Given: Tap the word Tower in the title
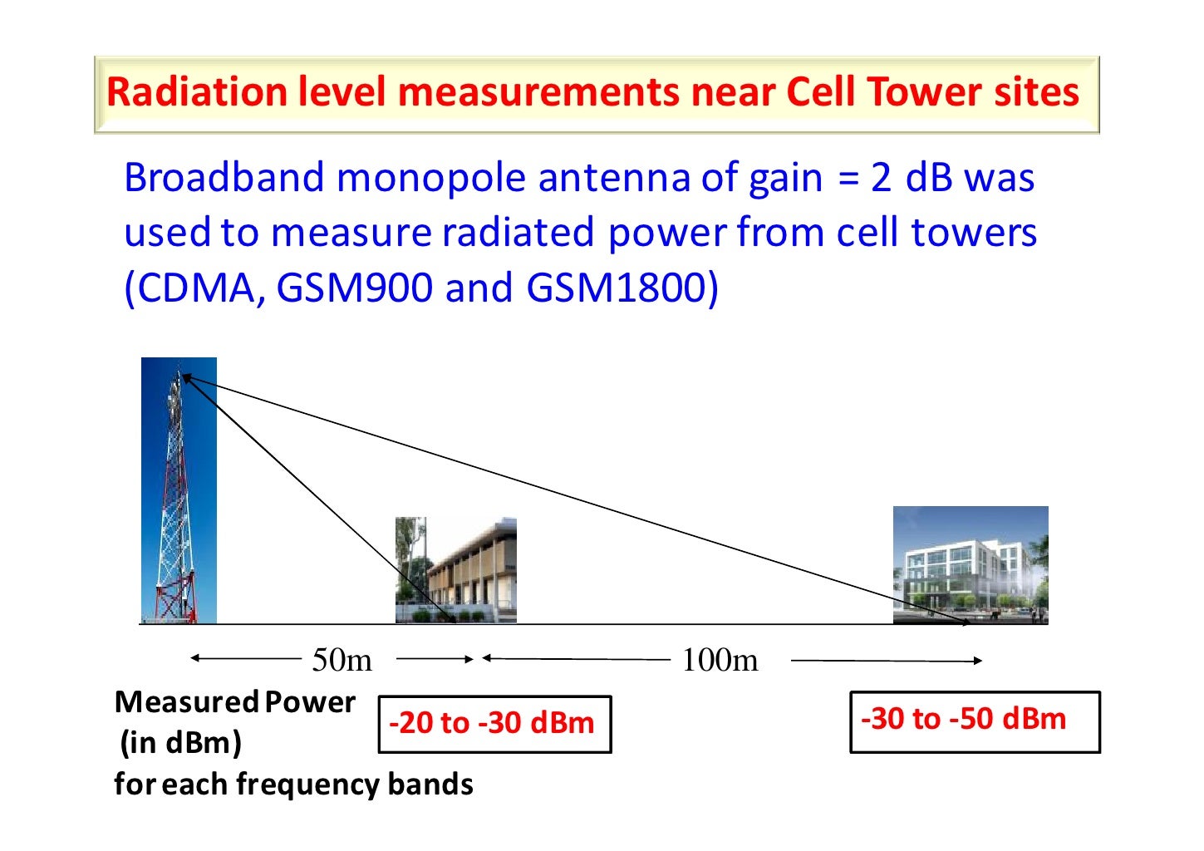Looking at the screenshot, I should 913,92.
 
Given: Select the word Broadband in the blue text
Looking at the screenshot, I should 224,178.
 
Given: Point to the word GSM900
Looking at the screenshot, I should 354,288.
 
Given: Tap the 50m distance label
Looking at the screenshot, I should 342,660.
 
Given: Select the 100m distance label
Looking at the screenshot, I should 720,660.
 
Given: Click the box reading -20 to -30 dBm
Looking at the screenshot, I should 494,724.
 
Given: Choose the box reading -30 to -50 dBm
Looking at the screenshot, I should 974,721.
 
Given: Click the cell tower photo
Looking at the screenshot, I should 179,490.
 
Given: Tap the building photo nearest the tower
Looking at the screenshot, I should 455,570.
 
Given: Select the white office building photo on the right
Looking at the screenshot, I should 970,565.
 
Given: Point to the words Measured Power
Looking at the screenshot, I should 235,702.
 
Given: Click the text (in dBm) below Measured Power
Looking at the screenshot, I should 180,742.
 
